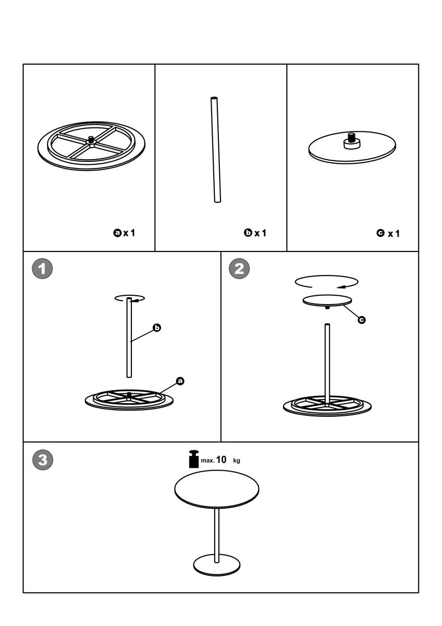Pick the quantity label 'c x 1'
(389, 233)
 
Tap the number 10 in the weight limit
(221, 460)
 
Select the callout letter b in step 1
(155, 328)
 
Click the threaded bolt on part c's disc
(351, 139)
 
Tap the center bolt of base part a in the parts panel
(91, 140)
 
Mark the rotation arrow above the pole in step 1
(130, 299)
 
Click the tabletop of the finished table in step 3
(216, 491)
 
